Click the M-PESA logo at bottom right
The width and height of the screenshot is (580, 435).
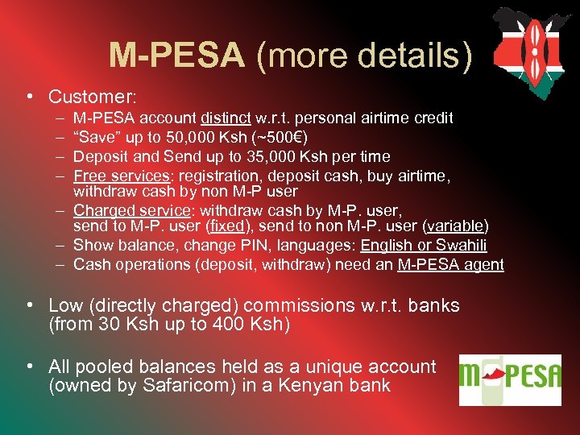click(x=510, y=379)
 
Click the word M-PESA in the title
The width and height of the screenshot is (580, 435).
click(x=176, y=55)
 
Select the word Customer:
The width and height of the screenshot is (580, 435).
click(x=92, y=97)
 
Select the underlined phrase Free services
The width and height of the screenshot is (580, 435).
click(x=122, y=175)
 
